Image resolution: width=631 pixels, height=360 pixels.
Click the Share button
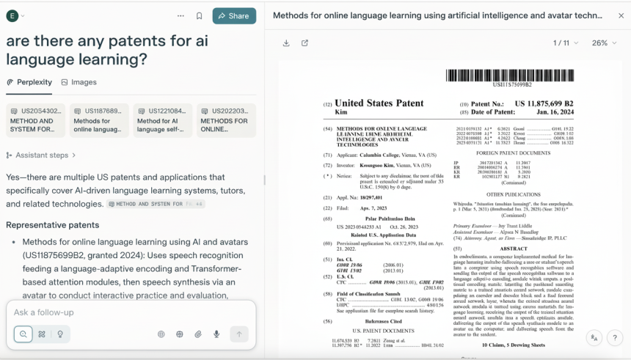tap(234, 15)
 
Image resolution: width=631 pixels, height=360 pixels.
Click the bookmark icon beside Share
tap(199, 15)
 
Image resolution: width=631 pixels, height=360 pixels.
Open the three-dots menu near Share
tap(180, 15)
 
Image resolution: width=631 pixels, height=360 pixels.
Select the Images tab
tap(79, 82)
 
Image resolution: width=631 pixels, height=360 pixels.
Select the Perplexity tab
tap(29, 82)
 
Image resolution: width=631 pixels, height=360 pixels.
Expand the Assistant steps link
tap(41, 155)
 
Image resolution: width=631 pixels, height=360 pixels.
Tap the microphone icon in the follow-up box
tap(216, 334)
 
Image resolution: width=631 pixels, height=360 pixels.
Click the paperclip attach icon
tap(198, 334)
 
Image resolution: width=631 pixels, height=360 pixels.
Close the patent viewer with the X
tap(621, 15)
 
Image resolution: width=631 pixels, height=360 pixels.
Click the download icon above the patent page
tap(286, 43)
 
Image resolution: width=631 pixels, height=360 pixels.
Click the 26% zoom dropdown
tap(603, 43)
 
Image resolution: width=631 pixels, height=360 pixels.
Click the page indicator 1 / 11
tap(565, 43)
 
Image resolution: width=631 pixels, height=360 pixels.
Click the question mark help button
tap(616, 337)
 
